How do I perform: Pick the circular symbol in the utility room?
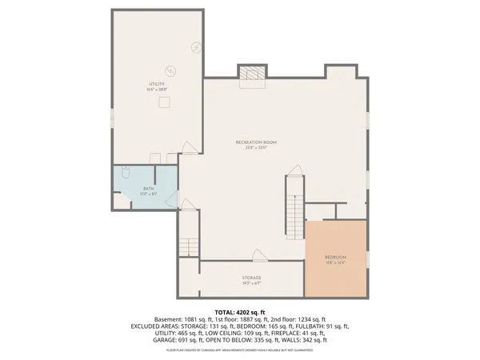[x=170, y=69]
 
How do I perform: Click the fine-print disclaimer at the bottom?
[x=240, y=350]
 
